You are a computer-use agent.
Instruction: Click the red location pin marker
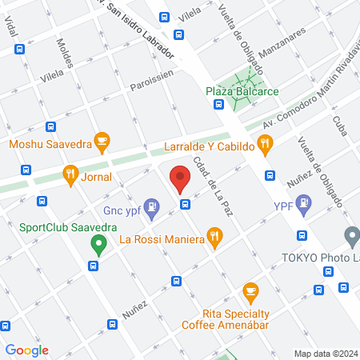point(180,178)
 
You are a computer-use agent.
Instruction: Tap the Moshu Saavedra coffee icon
point(101,142)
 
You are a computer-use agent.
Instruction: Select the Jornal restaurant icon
point(70,174)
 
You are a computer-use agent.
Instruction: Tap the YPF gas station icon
point(304,206)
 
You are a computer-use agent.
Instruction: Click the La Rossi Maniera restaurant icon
point(214,236)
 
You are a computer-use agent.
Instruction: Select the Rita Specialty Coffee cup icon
point(250,290)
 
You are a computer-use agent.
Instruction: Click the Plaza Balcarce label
point(242,92)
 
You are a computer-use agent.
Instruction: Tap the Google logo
point(26,350)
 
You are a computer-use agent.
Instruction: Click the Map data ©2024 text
point(325,353)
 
